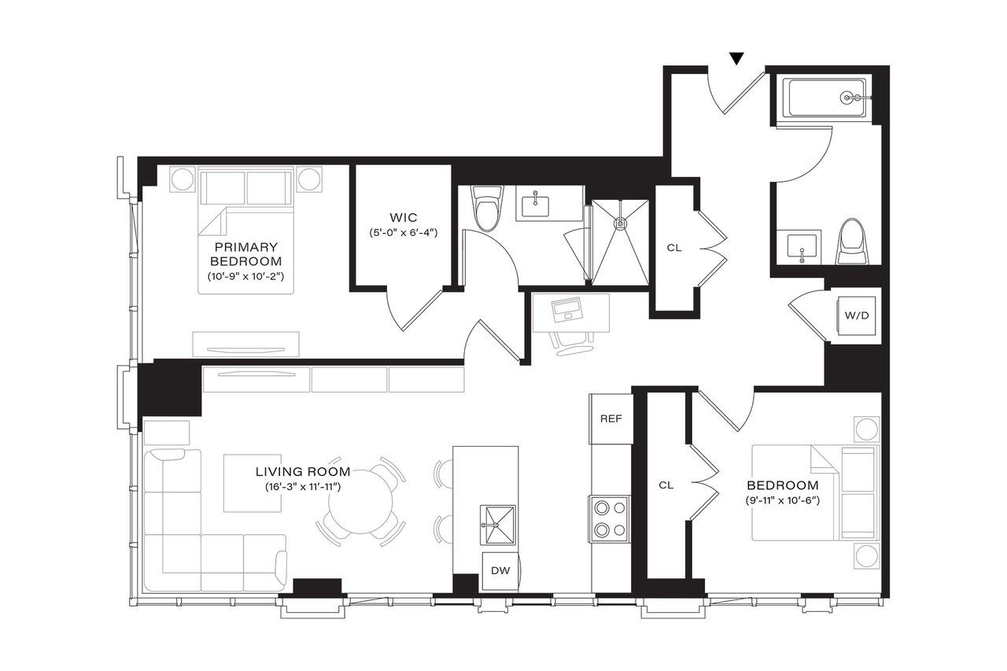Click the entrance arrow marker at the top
(736, 58)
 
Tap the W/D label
(857, 316)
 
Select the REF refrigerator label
(611, 418)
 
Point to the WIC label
(402, 217)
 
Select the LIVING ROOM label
(302, 472)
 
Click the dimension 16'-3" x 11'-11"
(302, 488)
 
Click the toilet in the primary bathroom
(488, 208)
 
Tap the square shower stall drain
(621, 223)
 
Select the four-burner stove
(610, 518)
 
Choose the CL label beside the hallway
(673, 247)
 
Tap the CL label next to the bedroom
(666, 485)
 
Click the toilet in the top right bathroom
(850, 241)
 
